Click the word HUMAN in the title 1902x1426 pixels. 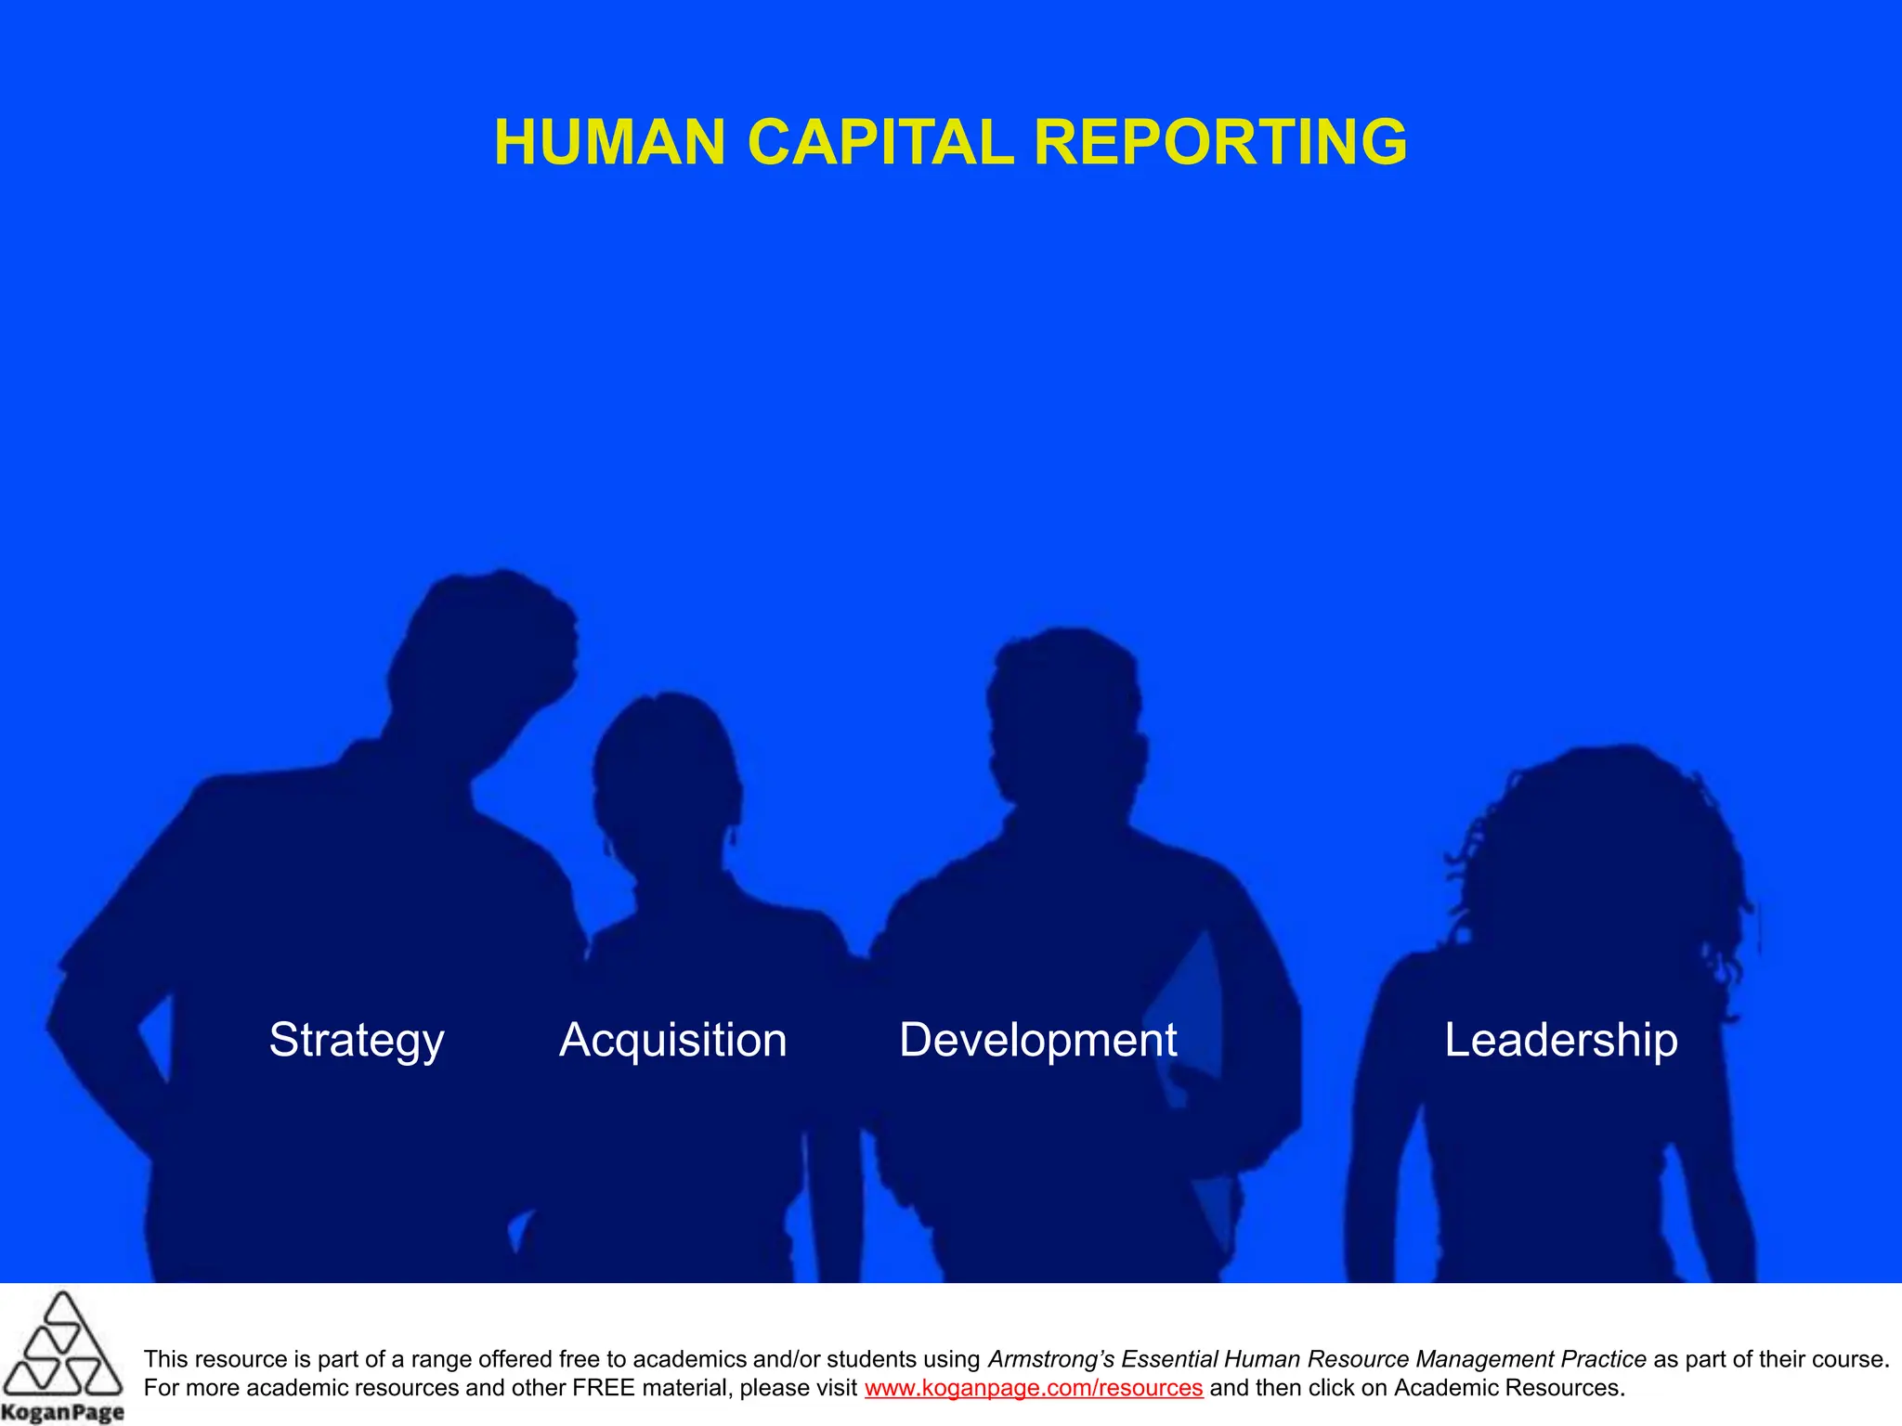(x=609, y=143)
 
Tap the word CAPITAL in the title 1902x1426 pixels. (x=879, y=143)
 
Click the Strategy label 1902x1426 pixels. (x=357, y=1040)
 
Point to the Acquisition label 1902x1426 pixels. (x=673, y=1040)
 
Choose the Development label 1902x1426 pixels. (x=1037, y=1040)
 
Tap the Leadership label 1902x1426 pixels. (x=1561, y=1040)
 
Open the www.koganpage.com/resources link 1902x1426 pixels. (x=1034, y=1388)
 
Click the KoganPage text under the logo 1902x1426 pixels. (x=62, y=1412)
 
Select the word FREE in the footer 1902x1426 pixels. (x=605, y=1388)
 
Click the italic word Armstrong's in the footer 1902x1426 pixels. (x=1050, y=1359)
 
